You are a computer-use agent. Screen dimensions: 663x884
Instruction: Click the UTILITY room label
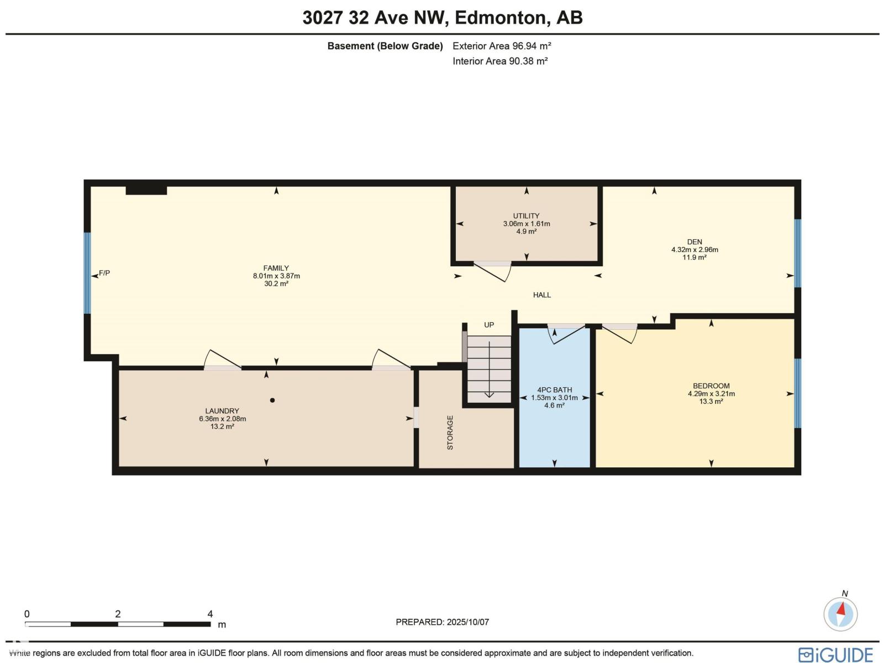526,216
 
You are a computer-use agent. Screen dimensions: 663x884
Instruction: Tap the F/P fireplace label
104,273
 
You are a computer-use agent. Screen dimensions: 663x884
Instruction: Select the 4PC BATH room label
554,390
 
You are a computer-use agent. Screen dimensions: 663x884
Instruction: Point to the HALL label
541,295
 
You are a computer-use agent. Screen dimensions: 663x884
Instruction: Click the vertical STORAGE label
450,433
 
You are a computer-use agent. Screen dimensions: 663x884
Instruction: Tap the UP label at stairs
489,325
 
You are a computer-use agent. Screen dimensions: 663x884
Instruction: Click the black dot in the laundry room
272,400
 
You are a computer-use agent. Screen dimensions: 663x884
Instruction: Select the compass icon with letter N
840,613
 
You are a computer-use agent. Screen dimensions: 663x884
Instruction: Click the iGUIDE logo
835,655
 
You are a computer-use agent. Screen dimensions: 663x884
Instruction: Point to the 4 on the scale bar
210,614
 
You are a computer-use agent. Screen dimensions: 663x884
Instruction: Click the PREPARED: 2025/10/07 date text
442,622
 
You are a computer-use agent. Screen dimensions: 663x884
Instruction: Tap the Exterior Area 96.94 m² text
502,46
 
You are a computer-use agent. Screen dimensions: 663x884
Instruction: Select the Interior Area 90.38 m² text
500,61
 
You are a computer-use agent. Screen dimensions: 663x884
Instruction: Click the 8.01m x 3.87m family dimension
276,276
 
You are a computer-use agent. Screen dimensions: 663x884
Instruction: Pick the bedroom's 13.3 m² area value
711,402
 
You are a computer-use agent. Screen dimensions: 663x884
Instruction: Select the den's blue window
797,253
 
